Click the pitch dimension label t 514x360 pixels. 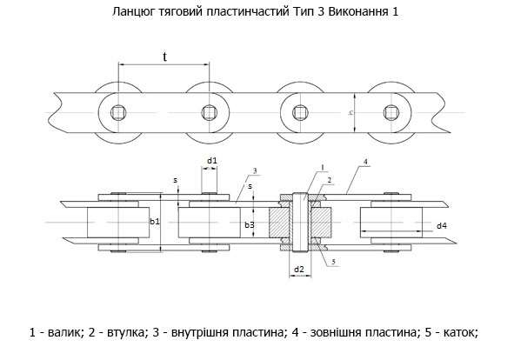pyautogui.click(x=165, y=57)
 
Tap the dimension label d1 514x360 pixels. pyautogui.click(x=212, y=161)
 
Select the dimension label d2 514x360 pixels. pyautogui.click(x=299, y=270)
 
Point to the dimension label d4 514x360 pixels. pyautogui.click(x=442, y=225)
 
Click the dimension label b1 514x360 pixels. pyautogui.click(x=155, y=222)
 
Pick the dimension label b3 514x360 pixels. pyautogui.click(x=250, y=225)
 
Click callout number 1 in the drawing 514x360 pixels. pyautogui.click(x=323, y=168)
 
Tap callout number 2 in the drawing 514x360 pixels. pyautogui.click(x=330, y=180)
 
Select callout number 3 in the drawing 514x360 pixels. pyautogui.click(x=255, y=170)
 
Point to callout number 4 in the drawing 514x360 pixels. pyautogui.click(x=365, y=162)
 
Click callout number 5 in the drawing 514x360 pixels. pyautogui.click(x=334, y=262)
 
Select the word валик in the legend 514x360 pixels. pyautogui.click(x=63, y=332)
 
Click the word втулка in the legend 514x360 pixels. pyautogui.click(x=124, y=332)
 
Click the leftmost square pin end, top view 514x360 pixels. pyautogui.click(x=118, y=113)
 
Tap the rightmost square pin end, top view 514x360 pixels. pyautogui.click(x=391, y=113)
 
